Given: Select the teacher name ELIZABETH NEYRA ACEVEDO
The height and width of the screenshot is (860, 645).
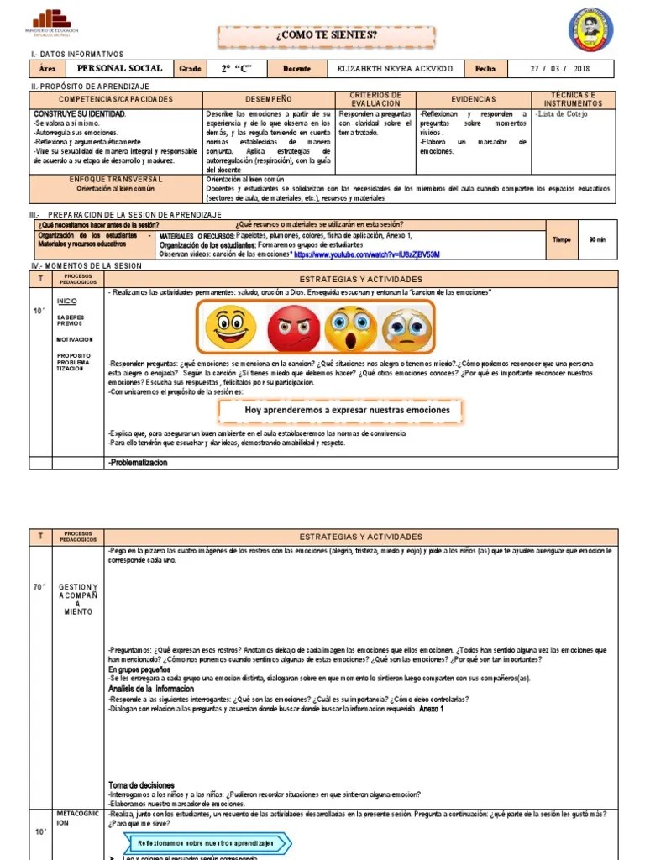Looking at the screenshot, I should (x=394, y=69).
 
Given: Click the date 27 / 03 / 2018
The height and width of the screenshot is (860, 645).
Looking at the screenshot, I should (x=561, y=69).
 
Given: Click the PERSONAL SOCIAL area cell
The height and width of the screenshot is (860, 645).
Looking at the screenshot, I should (x=113, y=69).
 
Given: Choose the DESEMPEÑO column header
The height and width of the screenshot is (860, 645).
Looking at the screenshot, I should (x=269, y=99).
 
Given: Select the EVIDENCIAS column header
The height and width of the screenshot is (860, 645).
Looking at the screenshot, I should (x=474, y=99).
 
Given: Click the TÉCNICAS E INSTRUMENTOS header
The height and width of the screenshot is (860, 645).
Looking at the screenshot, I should (x=574, y=99).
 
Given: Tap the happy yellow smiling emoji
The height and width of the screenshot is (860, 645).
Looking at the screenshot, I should (x=230, y=328).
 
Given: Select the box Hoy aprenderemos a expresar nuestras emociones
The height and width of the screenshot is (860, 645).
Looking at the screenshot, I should (x=347, y=411).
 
